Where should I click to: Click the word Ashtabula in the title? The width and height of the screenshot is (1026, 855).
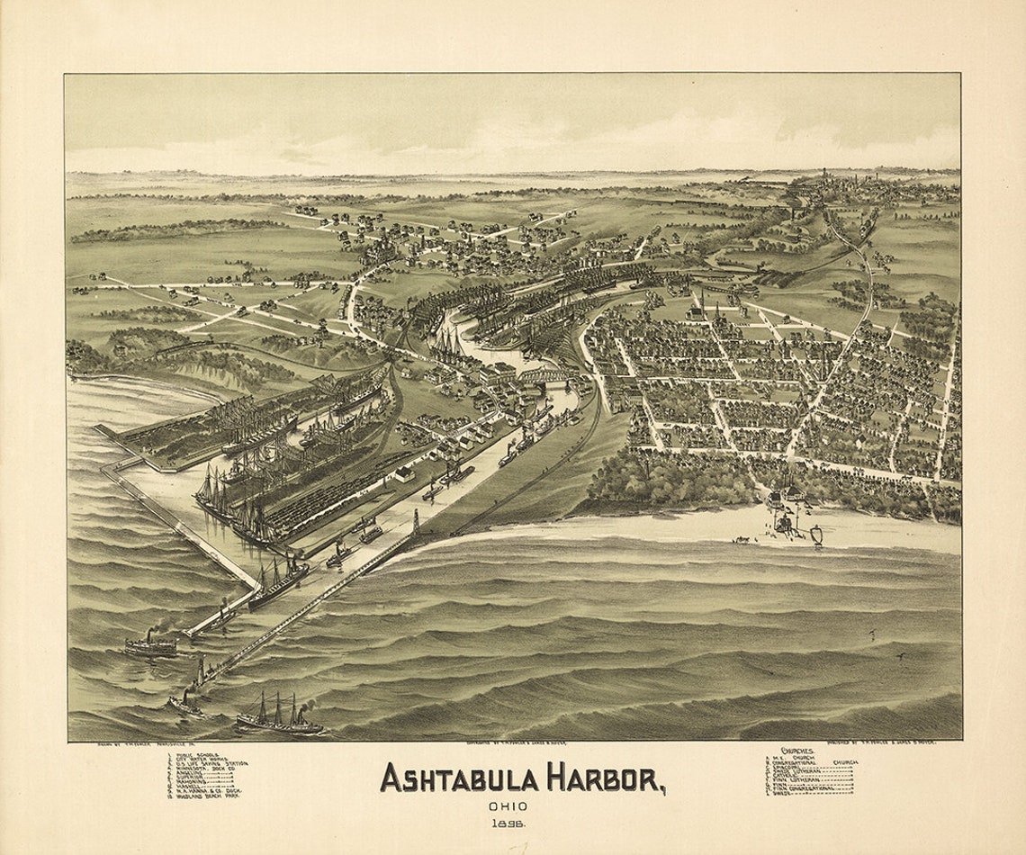coord(457,778)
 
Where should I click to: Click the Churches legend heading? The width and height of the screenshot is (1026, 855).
coord(797,749)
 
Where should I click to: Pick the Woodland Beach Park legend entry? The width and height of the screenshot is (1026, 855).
coord(208,796)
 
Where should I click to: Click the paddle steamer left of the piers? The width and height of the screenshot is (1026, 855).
coord(150,645)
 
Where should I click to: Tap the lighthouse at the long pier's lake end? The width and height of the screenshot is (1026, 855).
coord(201,670)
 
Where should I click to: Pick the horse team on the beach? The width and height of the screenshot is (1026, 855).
coord(743,539)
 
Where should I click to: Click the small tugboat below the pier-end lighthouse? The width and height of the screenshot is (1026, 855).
coord(185,704)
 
